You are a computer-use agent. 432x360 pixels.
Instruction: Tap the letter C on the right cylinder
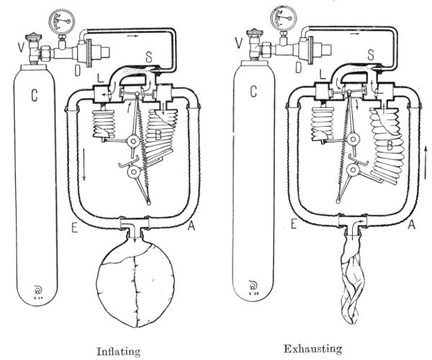point(252,92)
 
